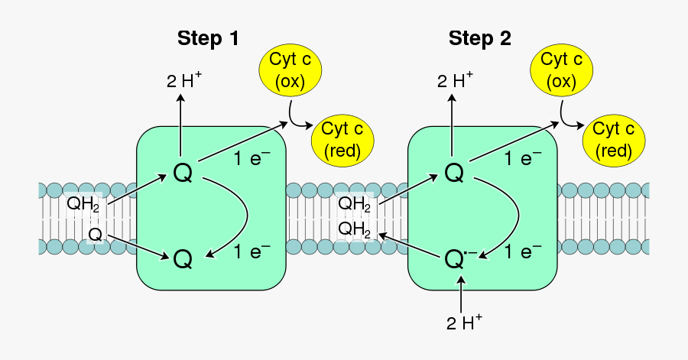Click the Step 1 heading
click(x=208, y=38)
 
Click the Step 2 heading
click(x=479, y=38)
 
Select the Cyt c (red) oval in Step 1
click(x=342, y=141)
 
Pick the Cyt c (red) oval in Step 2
click(x=614, y=141)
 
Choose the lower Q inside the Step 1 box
click(x=183, y=260)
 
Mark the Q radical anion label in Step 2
click(x=459, y=260)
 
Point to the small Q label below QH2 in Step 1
click(x=95, y=233)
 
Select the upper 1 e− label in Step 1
click(x=252, y=159)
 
